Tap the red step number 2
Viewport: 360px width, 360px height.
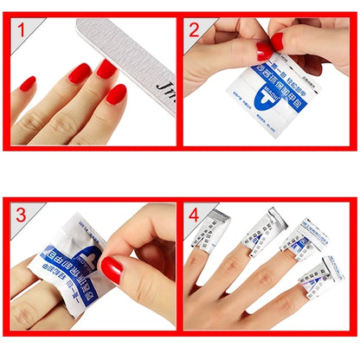click(x=194, y=32)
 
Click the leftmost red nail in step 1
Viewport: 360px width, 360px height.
click(x=28, y=84)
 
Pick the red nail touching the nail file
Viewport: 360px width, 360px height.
click(x=106, y=68)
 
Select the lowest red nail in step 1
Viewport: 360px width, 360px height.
click(x=116, y=94)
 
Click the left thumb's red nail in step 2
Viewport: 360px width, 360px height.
click(x=264, y=50)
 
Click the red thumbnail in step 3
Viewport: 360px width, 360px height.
click(x=112, y=269)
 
